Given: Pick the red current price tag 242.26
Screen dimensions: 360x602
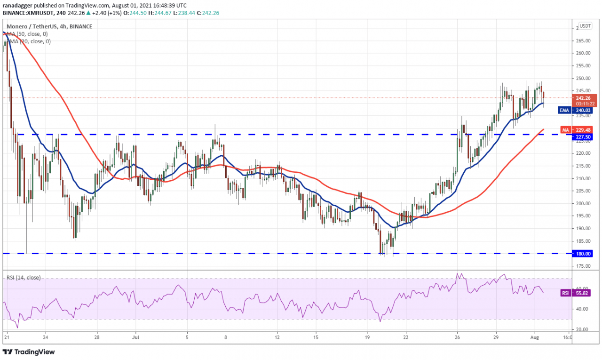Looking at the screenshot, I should [x=585, y=98].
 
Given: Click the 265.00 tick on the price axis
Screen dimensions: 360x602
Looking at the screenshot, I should [x=584, y=40].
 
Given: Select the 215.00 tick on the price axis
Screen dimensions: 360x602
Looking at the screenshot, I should [x=584, y=166].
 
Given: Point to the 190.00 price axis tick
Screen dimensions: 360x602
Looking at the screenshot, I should [x=584, y=228].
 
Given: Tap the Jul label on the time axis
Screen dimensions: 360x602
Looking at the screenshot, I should [x=135, y=337].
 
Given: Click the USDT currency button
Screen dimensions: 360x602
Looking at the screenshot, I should [x=585, y=26].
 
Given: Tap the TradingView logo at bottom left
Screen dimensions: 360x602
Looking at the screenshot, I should [x=29, y=352].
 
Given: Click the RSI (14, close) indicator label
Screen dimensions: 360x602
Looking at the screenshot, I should [x=24, y=278].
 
